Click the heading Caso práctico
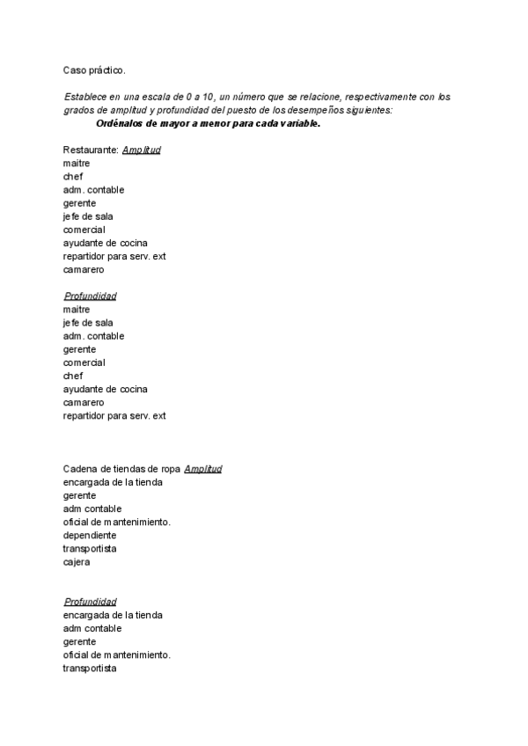click(94, 69)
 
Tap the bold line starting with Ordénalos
click(208, 123)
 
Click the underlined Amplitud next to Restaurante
click(141, 150)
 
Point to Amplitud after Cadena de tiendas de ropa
click(202, 469)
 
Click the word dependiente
click(90, 535)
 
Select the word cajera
click(77, 561)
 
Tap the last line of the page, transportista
click(90, 669)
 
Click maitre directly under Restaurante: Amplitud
click(77, 163)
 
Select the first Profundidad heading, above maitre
click(90, 296)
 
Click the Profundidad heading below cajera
click(90, 602)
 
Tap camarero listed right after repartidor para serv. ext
click(84, 269)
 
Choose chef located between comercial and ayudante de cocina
click(73, 376)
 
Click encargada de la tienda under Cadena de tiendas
click(113, 482)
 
